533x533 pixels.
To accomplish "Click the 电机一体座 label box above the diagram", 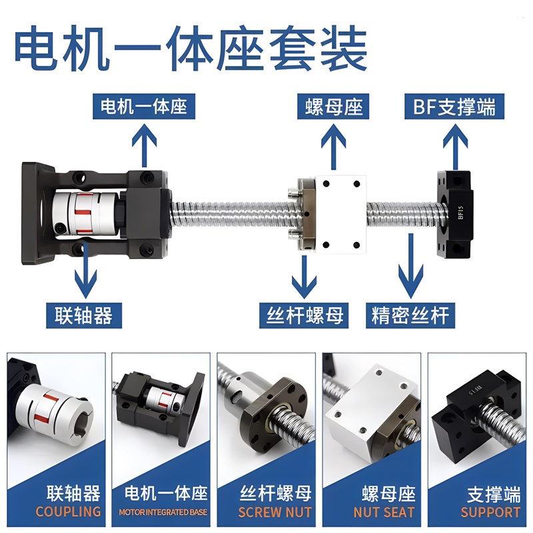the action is coord(144,107).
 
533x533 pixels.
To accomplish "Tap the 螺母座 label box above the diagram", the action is coord(333,107).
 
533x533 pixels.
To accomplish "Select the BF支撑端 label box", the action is coord(454,107).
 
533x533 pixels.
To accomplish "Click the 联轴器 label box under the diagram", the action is coord(84,315).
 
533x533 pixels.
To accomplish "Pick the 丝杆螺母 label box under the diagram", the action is coord(304,315).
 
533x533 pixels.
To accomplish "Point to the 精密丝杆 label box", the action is coord(410,315).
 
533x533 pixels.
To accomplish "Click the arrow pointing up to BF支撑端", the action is coord(456,147).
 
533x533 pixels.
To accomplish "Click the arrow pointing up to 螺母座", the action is coord(334,147).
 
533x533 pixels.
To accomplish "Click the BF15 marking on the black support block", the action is coord(460,212).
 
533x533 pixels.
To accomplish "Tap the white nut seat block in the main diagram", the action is coord(341,214).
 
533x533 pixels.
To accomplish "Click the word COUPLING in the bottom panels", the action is coord(69,512).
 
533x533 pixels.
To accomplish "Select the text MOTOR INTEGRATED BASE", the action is coord(163,512).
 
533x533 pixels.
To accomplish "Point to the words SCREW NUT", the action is coord(274,512).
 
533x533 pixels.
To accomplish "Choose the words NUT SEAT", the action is coord(384,512).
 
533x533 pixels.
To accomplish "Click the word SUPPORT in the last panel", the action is coord(490,512).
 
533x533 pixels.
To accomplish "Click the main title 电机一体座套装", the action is coord(191,48).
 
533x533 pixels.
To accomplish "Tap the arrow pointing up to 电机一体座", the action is coord(144,145).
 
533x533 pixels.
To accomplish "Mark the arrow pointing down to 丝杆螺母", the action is coord(304,277).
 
